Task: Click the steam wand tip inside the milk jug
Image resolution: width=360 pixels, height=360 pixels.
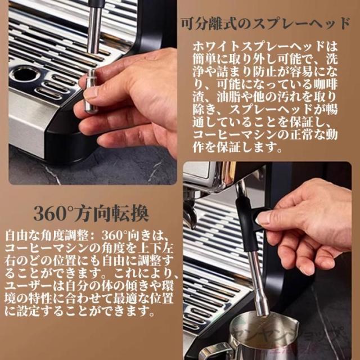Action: [262, 304]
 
